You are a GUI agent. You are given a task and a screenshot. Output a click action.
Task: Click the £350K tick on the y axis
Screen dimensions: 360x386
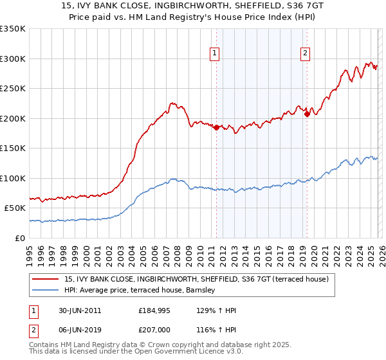pos(13,29)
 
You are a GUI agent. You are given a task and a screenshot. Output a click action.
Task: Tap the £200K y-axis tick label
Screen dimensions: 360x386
pos(13,118)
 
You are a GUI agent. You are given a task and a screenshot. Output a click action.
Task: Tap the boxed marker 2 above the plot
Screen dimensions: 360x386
pos(305,54)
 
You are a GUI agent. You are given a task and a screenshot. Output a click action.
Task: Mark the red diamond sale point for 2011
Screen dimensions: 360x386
pos(216,127)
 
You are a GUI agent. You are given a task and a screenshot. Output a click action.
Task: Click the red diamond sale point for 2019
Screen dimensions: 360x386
pos(307,114)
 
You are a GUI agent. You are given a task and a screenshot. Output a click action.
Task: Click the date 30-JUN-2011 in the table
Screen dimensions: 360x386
pos(78,310)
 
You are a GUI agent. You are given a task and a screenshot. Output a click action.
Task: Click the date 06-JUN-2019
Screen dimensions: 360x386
pos(78,328)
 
